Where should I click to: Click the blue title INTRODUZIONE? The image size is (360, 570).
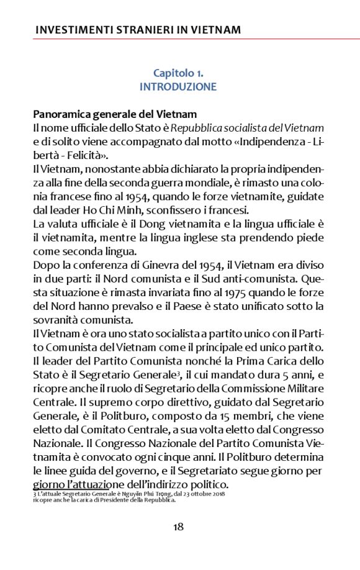click(178, 87)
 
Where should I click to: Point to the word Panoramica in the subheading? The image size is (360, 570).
click(59, 115)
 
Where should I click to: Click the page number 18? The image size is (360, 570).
click(178, 527)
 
